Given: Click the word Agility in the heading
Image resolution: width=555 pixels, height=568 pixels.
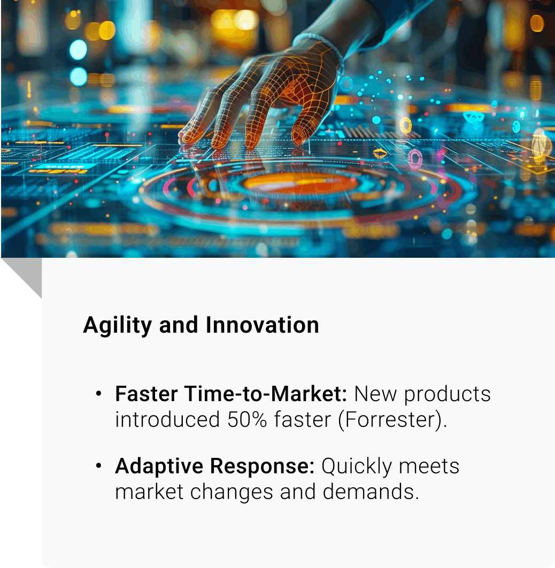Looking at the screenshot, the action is pyautogui.click(x=117, y=325).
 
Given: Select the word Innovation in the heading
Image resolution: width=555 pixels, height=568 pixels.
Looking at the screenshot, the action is pyautogui.click(x=262, y=325).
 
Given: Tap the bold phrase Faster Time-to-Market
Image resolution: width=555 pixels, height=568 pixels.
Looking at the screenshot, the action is pyautogui.click(x=231, y=394).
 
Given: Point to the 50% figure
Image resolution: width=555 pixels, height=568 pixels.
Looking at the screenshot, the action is pyautogui.click(x=247, y=419).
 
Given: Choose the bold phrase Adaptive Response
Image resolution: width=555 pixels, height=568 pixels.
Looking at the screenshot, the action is pyautogui.click(x=215, y=466).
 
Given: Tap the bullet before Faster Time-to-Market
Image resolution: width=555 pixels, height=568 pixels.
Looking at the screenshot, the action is pyautogui.click(x=98, y=394).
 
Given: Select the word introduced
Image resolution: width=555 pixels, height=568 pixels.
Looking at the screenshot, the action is pyautogui.click(x=167, y=419).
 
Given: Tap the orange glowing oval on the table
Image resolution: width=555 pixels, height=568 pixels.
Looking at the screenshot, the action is pyautogui.click(x=300, y=182).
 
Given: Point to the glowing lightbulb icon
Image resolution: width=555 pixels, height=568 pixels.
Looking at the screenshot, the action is pyautogui.click(x=541, y=145).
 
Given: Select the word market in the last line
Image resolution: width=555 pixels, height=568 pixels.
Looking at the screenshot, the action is pyautogui.click(x=149, y=492).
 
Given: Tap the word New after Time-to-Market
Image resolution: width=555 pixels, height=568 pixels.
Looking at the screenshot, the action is pyautogui.click(x=375, y=394).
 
